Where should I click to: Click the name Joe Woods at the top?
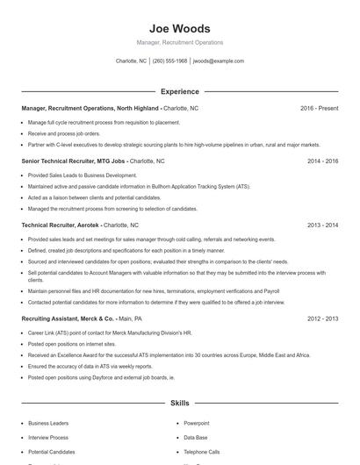click(179, 28)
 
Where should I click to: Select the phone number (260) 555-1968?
click(169, 61)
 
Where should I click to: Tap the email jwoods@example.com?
click(218, 61)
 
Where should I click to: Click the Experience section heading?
click(179, 91)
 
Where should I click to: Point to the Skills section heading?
click(179, 404)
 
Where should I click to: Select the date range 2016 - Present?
click(319, 108)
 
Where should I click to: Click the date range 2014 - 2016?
click(322, 161)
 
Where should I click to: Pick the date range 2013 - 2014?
click(322, 225)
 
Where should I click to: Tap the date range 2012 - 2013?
click(322, 318)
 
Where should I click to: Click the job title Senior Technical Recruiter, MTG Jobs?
click(75, 161)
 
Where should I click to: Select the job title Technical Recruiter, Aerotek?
click(61, 225)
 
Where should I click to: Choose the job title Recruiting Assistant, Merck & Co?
click(68, 318)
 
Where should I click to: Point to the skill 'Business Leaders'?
click(47, 423)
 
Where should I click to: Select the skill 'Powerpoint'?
click(197, 423)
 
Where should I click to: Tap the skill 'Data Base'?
click(196, 437)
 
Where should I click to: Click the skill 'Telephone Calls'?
click(202, 451)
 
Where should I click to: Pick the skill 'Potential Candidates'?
click(53, 451)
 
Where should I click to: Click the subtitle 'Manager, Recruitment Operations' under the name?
click(179, 42)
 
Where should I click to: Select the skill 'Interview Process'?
click(48, 437)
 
